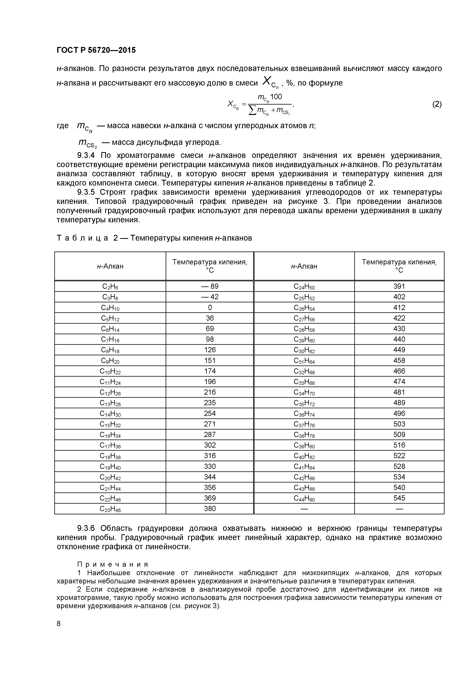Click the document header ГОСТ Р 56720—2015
point(96,50)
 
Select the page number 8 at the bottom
point(59,624)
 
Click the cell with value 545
point(399,498)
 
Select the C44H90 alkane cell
point(304,498)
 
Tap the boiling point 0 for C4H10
point(210,308)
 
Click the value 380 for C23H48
point(210,509)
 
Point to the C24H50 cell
point(304,287)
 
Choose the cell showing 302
point(210,445)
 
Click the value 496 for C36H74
point(399,413)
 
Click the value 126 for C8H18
point(210,350)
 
